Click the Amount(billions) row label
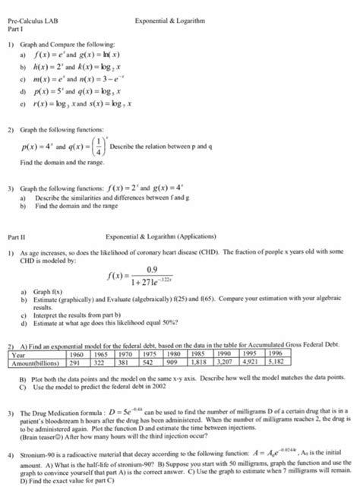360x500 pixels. coord(36,361)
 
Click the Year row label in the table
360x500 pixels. coord(19,353)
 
